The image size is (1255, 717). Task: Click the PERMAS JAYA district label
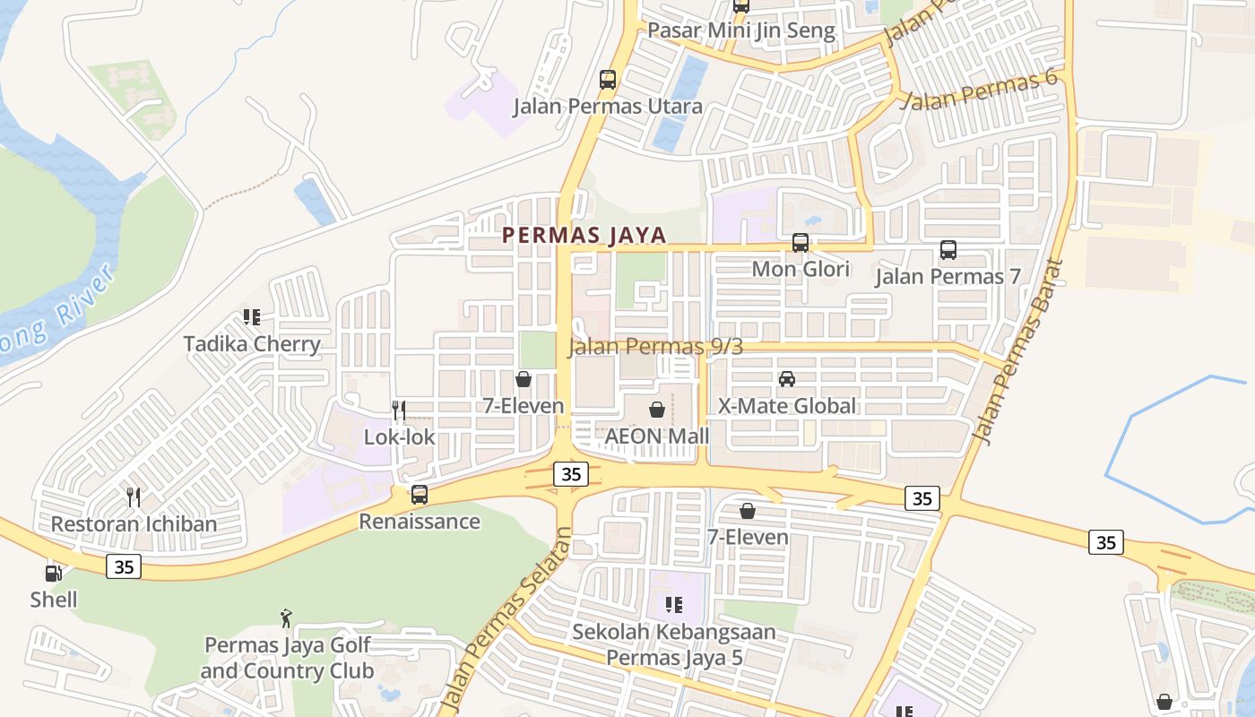tap(584, 235)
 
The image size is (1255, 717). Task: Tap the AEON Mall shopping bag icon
tap(657, 410)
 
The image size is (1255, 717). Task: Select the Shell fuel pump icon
tap(54, 573)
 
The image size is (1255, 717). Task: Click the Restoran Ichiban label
tap(134, 523)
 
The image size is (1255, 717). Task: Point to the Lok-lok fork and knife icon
tap(399, 410)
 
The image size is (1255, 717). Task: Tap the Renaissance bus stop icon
tap(419, 494)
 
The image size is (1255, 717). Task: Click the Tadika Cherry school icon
tap(252, 317)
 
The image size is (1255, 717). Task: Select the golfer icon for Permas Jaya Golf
tap(286, 618)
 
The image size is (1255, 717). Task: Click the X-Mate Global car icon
tap(787, 379)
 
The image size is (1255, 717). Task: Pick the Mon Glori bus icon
tap(801, 242)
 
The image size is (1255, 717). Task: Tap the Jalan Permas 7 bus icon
tap(948, 250)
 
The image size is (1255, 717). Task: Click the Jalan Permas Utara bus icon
tap(608, 80)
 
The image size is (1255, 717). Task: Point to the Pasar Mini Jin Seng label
tap(740, 30)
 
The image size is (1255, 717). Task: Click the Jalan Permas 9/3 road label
tap(655, 347)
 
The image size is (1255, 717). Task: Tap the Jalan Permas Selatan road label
tap(507, 618)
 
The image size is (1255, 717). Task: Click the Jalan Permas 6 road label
tap(980, 90)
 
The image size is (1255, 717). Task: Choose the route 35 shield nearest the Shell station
tap(124, 566)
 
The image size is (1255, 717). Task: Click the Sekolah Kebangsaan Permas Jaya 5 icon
tap(674, 605)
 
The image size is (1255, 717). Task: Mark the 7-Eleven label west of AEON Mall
tap(524, 405)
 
